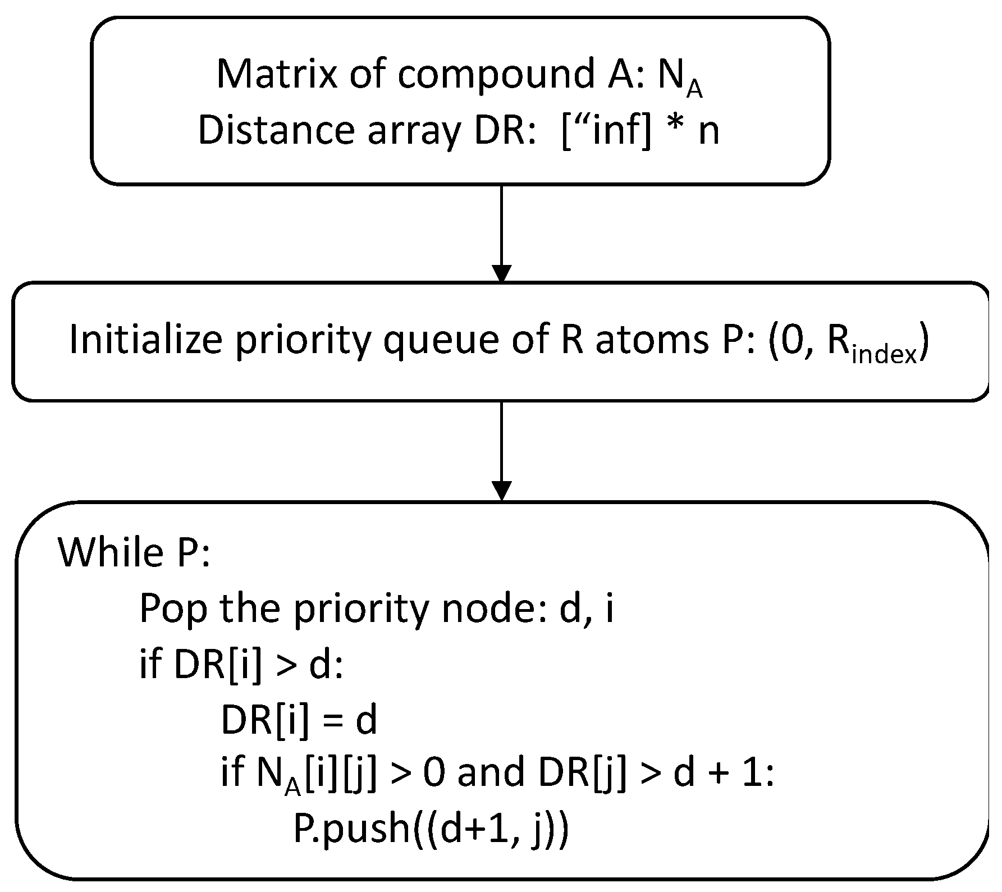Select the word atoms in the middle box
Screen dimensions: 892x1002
(x=651, y=341)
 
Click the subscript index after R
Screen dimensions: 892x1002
(x=884, y=355)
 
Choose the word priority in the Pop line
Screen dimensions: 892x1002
(x=360, y=609)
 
